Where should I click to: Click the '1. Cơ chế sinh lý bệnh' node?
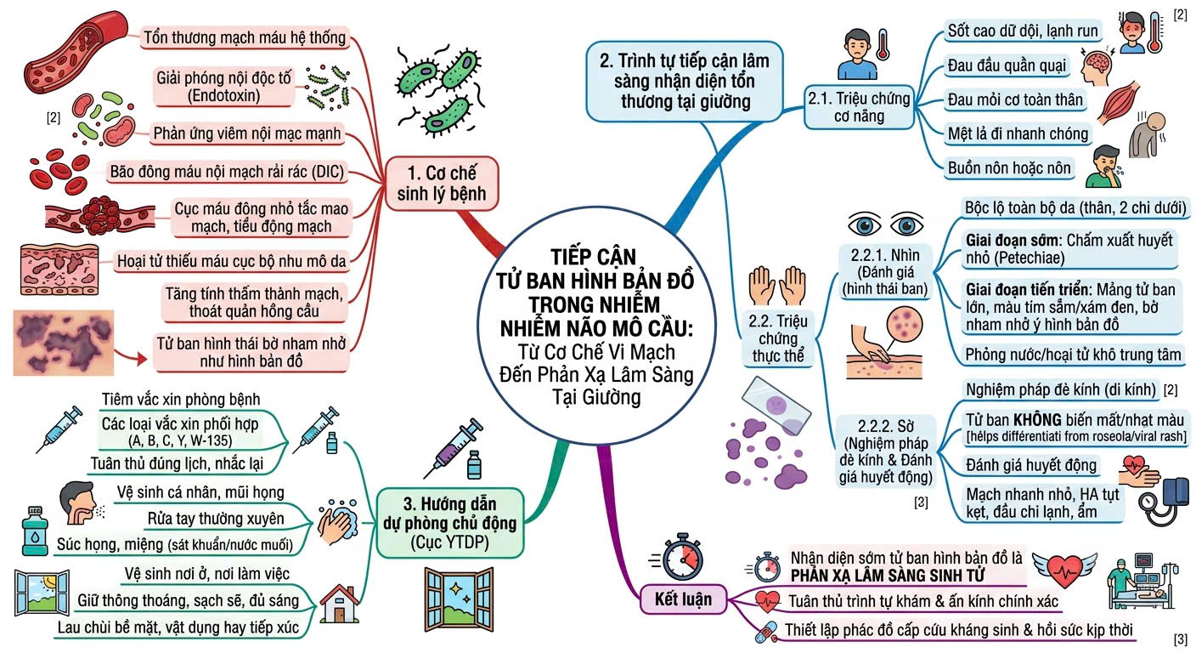[442, 183]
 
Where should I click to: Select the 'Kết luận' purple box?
[684, 599]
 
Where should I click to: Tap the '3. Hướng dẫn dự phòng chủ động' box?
[450, 523]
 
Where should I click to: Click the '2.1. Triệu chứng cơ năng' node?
[859, 107]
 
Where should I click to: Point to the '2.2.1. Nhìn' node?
[885, 271]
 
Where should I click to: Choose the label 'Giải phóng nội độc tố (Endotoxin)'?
[223, 87]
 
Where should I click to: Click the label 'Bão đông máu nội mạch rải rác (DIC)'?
[227, 172]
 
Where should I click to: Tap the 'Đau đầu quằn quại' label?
[1007, 65]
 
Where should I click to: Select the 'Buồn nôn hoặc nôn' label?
[1009, 168]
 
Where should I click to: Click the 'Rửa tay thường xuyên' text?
[216, 519]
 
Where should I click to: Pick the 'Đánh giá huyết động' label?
[1030, 465]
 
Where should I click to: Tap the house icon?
[340, 604]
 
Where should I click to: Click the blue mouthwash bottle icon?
[35, 531]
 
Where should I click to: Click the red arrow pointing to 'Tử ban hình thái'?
[131, 356]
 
